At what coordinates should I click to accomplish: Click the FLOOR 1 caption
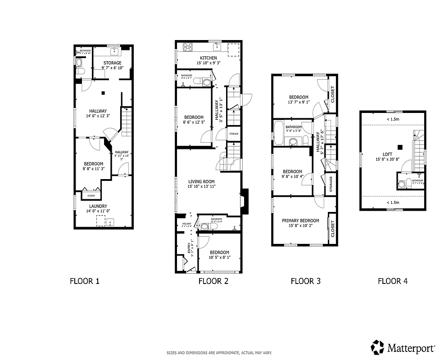(84, 282)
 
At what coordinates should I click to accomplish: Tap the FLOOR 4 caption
(392, 282)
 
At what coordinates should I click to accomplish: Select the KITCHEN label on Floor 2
(208, 58)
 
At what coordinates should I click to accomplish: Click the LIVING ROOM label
(202, 181)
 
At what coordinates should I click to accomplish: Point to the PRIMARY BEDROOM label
(300, 220)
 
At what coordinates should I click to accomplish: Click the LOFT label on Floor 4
(387, 154)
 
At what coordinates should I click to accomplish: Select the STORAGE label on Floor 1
(112, 63)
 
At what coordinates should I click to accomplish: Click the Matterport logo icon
(377, 347)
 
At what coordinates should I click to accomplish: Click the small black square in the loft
(399, 146)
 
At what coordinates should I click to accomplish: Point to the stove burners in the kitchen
(188, 47)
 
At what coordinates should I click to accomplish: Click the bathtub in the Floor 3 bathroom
(279, 134)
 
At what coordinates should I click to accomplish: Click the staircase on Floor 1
(127, 121)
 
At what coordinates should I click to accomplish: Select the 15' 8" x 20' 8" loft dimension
(387, 159)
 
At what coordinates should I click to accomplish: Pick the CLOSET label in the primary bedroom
(333, 229)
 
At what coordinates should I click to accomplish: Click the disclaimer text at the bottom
(219, 353)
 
